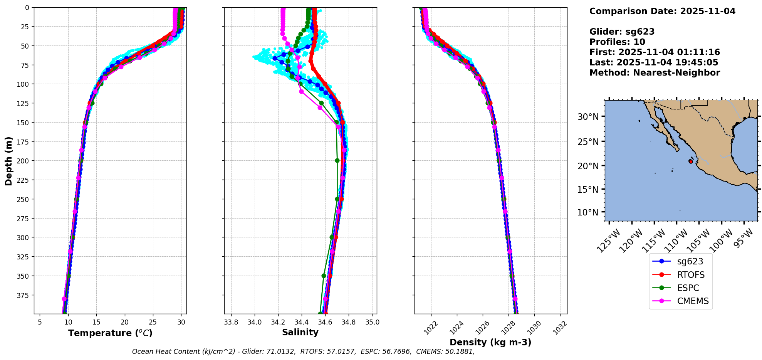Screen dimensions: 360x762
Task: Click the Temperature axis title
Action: pyautogui.click(x=110, y=333)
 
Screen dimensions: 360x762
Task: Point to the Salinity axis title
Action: pyautogui.click(x=300, y=332)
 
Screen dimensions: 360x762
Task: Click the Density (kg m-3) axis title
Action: pyautogui.click(x=490, y=342)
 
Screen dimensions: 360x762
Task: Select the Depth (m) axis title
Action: pyautogui.click(x=8, y=161)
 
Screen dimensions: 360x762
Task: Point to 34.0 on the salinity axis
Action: pyautogui.click(x=254, y=322)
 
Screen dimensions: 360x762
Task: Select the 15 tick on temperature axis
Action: pyautogui.click(x=96, y=322)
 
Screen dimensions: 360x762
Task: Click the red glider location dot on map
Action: pyautogui.click(x=691, y=161)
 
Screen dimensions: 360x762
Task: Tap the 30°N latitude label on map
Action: pyautogui.click(x=588, y=117)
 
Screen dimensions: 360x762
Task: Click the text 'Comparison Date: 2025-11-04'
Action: pyautogui.click(x=662, y=11)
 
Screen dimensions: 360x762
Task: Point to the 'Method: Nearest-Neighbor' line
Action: pyautogui.click(x=655, y=72)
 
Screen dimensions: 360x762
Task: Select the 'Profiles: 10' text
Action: pyautogui.click(x=617, y=42)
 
